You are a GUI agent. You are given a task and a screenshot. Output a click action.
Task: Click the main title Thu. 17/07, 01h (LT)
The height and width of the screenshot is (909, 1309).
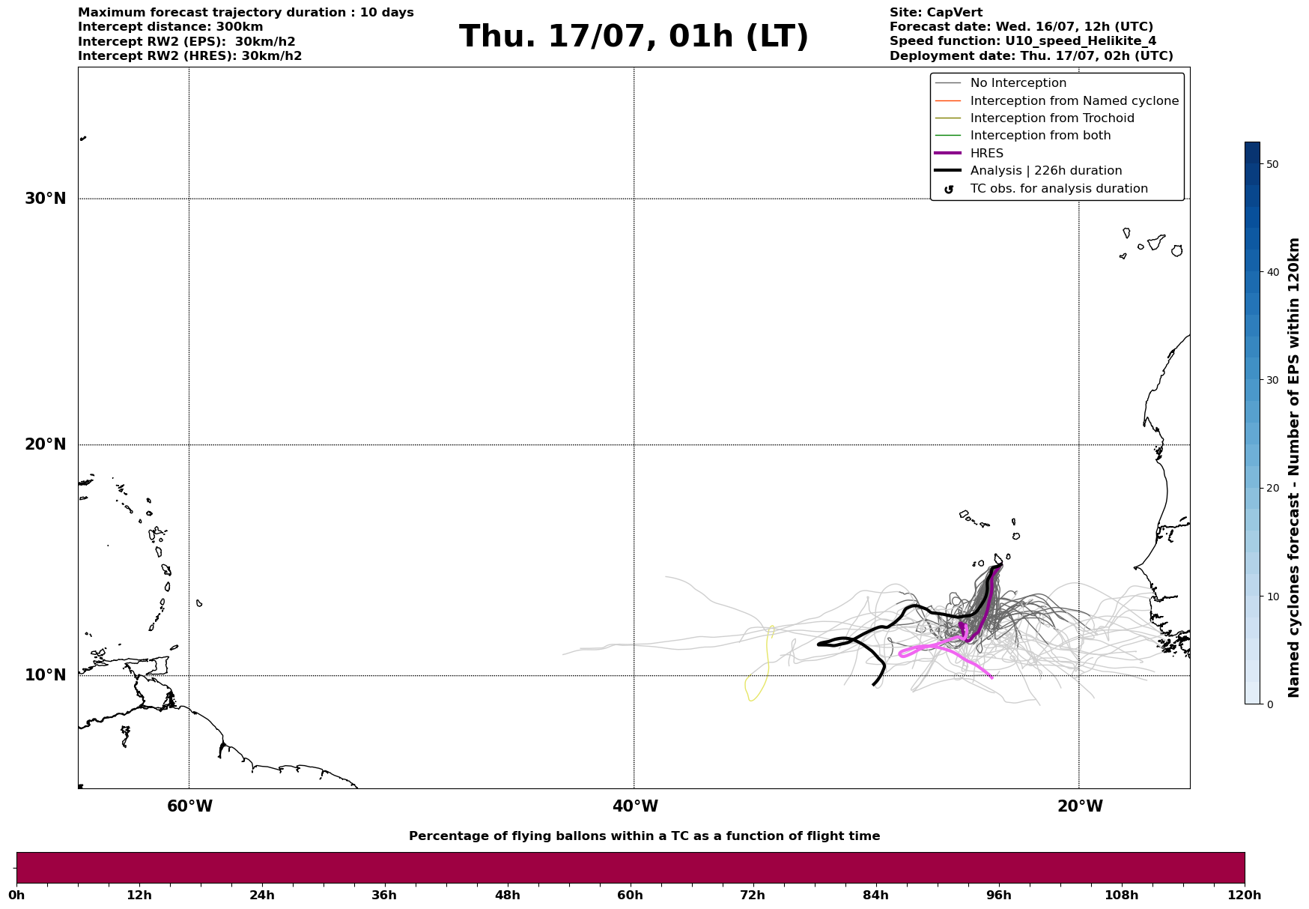coord(634,37)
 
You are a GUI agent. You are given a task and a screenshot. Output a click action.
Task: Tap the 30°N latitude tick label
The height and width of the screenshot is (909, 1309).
coord(45,199)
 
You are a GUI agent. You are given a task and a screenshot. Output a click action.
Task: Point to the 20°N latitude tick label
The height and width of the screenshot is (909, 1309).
coord(45,444)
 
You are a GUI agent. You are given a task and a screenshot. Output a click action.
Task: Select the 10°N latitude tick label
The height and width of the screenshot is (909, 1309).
coord(45,675)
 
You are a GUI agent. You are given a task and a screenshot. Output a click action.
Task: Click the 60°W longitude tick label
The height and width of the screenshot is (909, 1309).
coord(189,806)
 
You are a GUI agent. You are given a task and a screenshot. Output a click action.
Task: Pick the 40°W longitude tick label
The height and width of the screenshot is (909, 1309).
coord(635,806)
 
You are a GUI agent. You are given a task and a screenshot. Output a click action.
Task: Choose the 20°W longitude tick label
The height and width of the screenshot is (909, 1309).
coord(1080,806)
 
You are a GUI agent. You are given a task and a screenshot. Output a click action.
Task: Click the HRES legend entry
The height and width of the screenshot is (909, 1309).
coord(986,154)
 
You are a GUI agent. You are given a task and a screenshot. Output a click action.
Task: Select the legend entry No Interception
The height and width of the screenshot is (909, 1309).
coord(1018,83)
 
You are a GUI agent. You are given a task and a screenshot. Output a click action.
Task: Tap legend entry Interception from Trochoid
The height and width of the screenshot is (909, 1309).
coord(1051,118)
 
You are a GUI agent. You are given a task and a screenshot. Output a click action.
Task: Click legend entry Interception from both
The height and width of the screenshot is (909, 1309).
coord(1040,136)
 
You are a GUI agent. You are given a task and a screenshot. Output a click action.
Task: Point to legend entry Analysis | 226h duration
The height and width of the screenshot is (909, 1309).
coord(1045,171)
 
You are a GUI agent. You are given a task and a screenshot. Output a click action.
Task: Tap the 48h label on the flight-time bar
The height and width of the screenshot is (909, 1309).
coord(507,895)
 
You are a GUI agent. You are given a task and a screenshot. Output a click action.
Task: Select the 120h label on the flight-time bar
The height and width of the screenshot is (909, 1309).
coord(1245,895)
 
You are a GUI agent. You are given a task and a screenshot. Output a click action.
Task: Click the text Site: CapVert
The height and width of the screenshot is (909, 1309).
coord(935,13)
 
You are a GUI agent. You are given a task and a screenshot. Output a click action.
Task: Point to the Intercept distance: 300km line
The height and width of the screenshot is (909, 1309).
coord(170,27)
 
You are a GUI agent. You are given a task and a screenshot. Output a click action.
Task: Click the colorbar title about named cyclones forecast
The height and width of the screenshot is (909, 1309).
coord(1294,468)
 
